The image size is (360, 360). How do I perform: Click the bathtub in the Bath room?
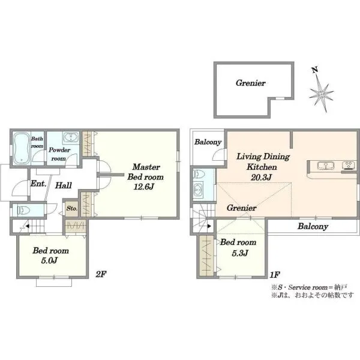22,148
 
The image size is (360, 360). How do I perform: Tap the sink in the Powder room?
71,137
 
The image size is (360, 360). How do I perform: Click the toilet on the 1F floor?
199,174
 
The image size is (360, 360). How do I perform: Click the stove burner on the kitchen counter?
348,166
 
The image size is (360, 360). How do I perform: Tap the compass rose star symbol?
321,94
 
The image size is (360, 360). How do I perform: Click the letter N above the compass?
315,70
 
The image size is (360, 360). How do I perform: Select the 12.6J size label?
143,187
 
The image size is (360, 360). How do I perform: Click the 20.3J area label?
261,177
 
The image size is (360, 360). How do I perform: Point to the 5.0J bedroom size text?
49,260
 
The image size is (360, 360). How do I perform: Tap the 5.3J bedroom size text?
239,253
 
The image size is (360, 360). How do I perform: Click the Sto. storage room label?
72,208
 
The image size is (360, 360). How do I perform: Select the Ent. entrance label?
38,184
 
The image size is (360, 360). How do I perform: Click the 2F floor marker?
101,274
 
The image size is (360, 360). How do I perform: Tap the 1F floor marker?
275,274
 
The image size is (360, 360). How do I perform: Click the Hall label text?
64,185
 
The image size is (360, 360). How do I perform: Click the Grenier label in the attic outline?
251,83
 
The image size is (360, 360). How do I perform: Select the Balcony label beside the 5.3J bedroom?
313,227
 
